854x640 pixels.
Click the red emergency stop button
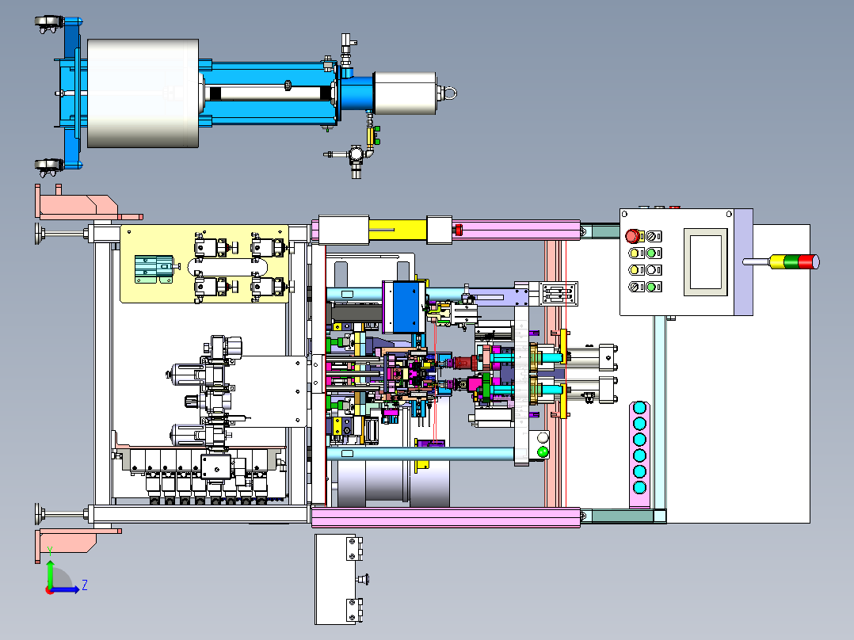pos(633,235)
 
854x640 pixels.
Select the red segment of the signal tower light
pos(809,261)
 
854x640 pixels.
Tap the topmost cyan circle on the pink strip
pos(639,408)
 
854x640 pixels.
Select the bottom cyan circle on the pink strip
pos(639,486)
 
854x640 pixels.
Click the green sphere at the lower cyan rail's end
pos(543,452)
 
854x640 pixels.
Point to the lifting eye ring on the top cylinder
pos(449,93)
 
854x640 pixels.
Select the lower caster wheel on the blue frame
pos(48,166)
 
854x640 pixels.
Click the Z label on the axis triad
pos(84,585)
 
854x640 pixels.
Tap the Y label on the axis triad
pos(50,549)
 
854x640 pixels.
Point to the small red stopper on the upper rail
pos(457,230)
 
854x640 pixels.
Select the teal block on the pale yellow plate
pos(154,269)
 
